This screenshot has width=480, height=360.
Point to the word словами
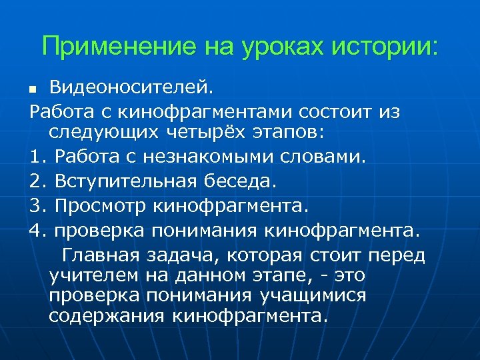(327, 158)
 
